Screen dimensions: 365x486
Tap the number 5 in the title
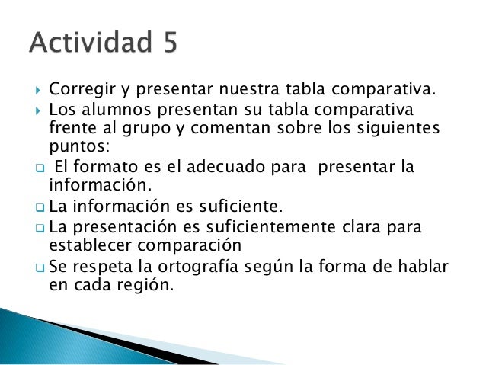[167, 44]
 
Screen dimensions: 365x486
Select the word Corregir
[78, 92]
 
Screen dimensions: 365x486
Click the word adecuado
[219, 167]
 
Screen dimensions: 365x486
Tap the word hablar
[422, 268]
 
